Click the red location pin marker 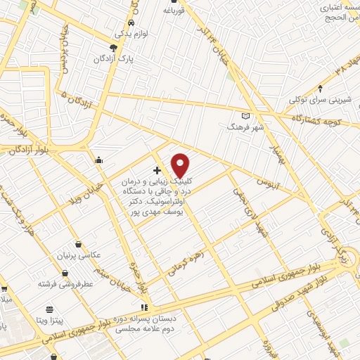point(181,165)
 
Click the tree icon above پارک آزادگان point(124,48)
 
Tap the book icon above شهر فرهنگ point(245,115)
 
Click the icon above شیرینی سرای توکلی point(321,89)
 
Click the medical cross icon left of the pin point(156,170)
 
